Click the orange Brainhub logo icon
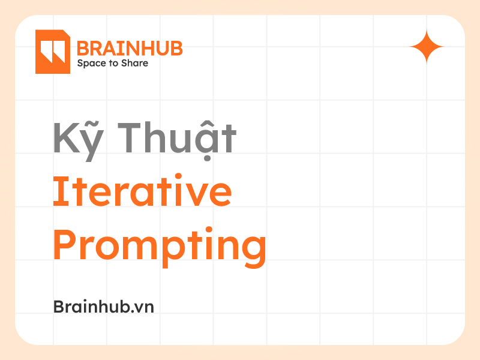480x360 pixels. click(x=53, y=52)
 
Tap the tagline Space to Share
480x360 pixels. click(x=112, y=63)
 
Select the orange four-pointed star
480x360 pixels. click(x=427, y=46)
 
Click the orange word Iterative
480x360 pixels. click(x=142, y=192)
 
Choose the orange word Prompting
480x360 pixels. click(x=160, y=246)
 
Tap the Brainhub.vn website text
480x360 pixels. click(x=104, y=306)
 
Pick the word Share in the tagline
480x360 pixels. click(x=136, y=63)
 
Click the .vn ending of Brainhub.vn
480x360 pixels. click(x=144, y=307)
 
